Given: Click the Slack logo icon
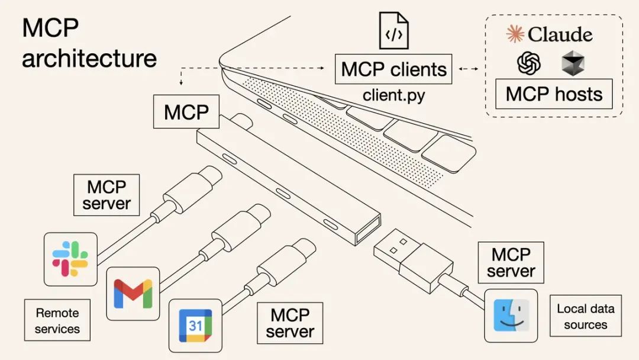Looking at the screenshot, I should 70,259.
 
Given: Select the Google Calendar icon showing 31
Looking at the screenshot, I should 195,325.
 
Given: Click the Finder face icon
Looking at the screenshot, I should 511,315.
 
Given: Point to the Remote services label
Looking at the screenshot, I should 57,320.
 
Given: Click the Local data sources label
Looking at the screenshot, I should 585,316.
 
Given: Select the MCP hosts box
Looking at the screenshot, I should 554,94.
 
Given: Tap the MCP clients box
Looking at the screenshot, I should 393,69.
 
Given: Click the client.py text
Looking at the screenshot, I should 393,95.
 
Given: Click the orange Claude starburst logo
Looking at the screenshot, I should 515,34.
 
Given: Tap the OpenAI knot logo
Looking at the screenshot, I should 529,63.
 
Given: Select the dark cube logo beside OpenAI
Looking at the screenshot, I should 573,63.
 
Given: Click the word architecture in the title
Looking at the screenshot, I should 89,59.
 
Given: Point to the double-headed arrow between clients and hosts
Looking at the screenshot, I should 469,69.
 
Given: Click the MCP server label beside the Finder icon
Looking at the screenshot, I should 510,263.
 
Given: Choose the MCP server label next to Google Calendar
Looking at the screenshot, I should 289,323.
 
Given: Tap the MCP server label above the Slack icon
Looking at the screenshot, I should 106,195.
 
